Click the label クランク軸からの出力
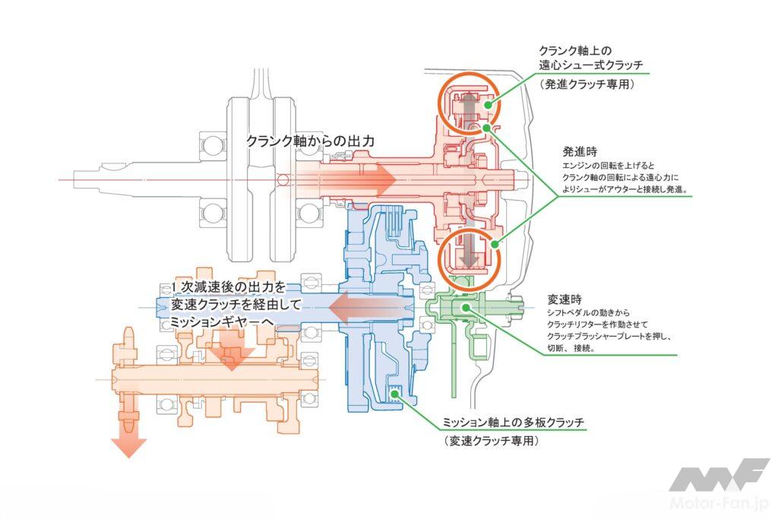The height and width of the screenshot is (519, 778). [x=311, y=141]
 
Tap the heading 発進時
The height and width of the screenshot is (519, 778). [x=580, y=152]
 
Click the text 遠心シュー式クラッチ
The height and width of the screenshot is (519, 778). [x=591, y=65]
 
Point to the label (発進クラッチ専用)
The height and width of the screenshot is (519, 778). [x=587, y=84]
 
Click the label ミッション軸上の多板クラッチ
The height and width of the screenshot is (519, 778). [x=514, y=422]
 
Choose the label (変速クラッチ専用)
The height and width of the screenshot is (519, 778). [x=491, y=441]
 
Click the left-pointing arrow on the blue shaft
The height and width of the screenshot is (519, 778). [x=371, y=308]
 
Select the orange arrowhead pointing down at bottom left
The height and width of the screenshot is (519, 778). [x=128, y=448]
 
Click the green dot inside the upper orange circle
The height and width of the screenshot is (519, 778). [x=489, y=105]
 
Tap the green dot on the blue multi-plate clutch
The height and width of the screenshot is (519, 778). [x=395, y=394]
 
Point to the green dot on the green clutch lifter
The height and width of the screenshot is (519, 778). [x=465, y=307]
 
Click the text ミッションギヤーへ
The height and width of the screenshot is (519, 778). [x=222, y=322]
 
